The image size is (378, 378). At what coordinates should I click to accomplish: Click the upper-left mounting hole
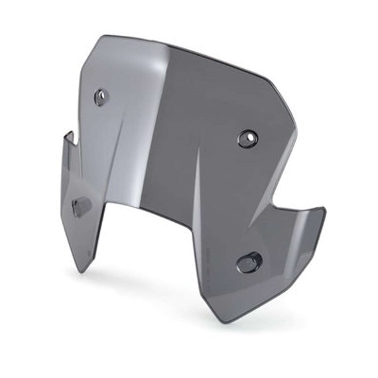click(100, 97)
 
